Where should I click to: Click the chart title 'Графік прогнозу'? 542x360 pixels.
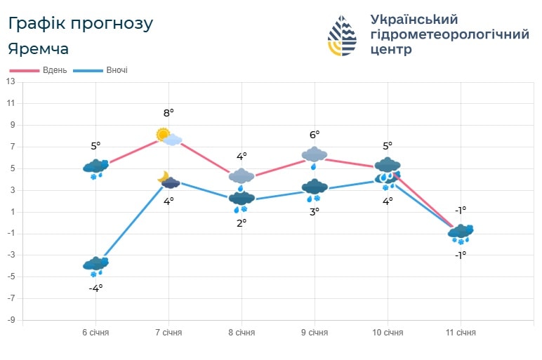80,23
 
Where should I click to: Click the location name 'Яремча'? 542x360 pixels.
39,49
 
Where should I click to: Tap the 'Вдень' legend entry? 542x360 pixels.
39,70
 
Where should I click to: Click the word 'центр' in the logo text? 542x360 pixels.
390,50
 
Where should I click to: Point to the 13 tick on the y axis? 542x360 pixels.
11,81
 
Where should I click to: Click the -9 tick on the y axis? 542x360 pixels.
11,320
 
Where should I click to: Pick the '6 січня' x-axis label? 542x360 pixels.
95,332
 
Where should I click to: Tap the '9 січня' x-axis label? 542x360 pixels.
314,332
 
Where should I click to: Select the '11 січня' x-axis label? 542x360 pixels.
461,332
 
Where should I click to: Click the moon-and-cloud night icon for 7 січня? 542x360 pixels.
168,180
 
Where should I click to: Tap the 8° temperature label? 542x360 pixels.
168,112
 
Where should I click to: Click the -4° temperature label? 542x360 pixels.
95,287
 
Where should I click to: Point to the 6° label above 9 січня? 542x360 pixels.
314,134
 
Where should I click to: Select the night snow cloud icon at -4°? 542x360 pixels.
95,267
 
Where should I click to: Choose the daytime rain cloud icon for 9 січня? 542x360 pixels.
314,156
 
